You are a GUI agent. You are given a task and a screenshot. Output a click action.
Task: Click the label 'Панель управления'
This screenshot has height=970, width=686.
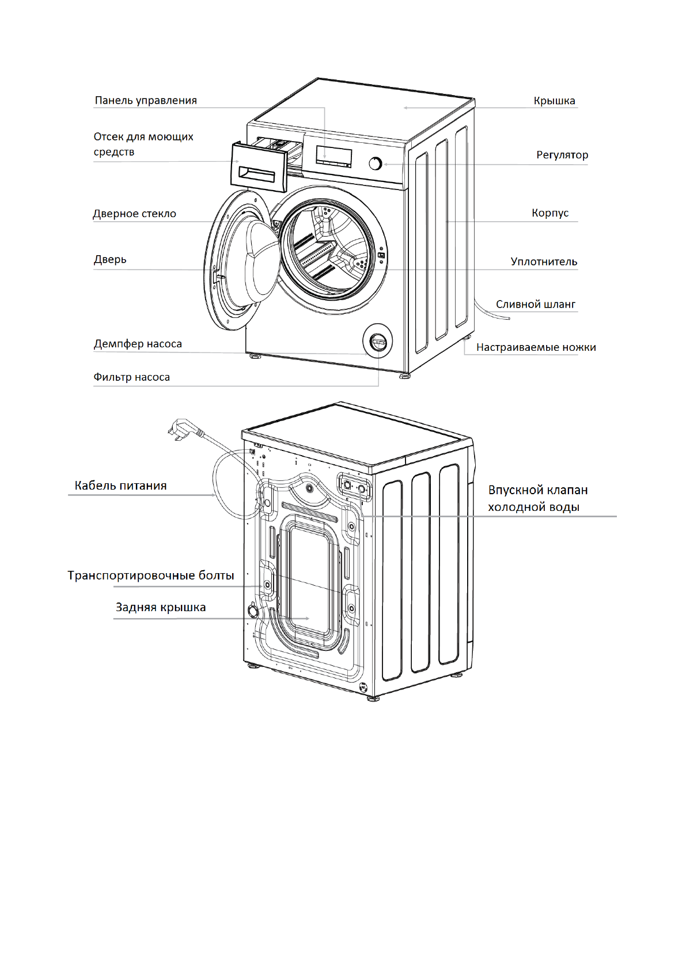point(146,100)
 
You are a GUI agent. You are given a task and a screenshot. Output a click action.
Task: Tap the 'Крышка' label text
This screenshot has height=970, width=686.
point(554,101)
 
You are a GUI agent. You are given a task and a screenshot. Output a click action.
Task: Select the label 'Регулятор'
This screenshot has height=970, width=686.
point(562,155)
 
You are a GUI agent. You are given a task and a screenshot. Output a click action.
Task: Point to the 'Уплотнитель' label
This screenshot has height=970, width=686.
point(544,262)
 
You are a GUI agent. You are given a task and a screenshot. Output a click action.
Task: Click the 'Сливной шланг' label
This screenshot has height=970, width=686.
point(536,304)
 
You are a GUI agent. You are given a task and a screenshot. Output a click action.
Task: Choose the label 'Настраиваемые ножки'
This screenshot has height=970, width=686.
point(536,347)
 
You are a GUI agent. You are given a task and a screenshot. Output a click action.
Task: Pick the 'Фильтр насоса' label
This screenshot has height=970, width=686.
point(131,377)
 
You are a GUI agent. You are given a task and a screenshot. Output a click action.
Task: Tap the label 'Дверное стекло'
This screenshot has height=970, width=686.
point(134,214)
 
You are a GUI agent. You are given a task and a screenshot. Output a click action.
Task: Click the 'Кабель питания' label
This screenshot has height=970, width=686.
point(120,486)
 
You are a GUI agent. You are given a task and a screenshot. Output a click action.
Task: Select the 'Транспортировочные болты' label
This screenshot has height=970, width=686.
point(151,575)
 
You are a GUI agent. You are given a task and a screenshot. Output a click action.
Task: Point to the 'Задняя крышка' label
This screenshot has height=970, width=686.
point(161,607)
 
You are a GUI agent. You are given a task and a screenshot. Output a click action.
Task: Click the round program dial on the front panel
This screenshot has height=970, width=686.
point(376,164)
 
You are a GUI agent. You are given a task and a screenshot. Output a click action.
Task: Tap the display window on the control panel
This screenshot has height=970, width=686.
point(333,156)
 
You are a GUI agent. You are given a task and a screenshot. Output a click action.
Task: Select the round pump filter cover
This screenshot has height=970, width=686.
point(378,342)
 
